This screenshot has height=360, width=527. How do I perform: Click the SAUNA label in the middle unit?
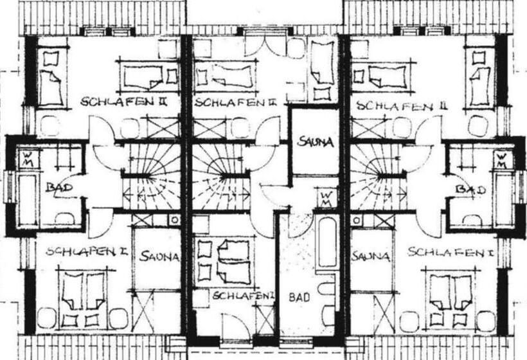[316, 141]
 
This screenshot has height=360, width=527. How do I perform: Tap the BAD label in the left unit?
[60, 187]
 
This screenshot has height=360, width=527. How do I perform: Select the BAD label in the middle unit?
[299, 297]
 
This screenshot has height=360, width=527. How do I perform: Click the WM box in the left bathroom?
[28, 159]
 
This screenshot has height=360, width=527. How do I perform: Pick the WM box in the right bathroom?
[502, 160]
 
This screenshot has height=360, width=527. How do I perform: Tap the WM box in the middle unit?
[326, 199]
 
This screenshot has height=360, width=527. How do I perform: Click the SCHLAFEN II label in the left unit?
[123, 101]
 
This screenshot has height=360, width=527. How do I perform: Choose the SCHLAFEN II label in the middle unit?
[235, 102]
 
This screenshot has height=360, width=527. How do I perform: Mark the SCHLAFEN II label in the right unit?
[402, 106]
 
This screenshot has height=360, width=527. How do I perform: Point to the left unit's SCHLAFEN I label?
[86, 251]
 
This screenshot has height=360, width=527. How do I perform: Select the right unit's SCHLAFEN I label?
[451, 252]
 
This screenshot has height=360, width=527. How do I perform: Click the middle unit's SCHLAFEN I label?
[244, 296]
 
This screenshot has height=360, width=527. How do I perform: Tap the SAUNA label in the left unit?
[159, 256]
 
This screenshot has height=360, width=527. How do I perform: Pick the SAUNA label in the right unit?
[371, 256]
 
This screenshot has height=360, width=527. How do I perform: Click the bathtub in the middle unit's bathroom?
[327, 242]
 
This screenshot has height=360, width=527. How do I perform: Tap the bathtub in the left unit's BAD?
[28, 199]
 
